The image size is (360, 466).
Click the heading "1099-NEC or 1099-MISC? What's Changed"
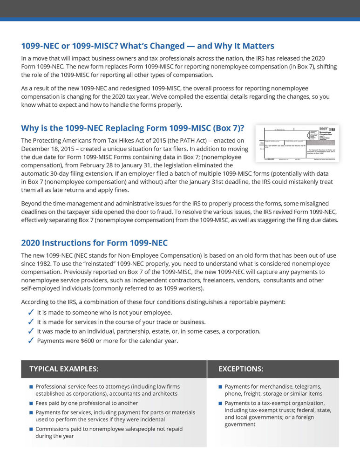(148, 46)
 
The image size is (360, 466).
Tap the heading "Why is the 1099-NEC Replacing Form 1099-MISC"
(133, 128)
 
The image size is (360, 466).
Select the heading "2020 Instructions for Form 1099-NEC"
(94, 243)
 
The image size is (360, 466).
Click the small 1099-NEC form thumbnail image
(297, 144)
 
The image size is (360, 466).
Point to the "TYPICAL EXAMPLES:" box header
(64, 369)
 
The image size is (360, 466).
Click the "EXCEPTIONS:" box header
(241, 369)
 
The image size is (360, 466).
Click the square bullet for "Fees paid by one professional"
(31, 403)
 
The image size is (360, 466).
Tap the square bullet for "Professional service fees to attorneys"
(31, 387)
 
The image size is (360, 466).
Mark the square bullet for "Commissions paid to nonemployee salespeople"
(31, 429)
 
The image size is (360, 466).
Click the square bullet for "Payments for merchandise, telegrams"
(220, 387)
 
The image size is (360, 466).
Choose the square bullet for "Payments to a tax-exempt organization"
(220, 403)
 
